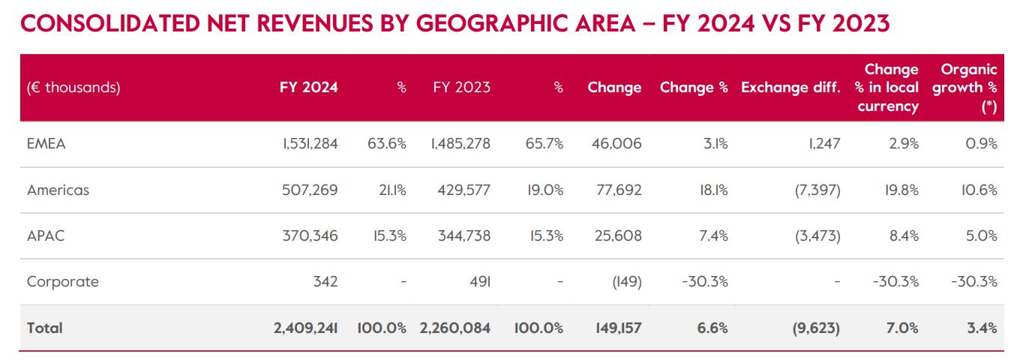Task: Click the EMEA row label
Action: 46,144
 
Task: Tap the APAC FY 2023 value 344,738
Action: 463,235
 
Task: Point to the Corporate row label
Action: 63,282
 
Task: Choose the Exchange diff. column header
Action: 790,88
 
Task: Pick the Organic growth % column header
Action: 969,88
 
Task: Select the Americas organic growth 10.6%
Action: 979,190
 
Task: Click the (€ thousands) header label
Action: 73,88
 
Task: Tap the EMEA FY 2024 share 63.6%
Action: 388,144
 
